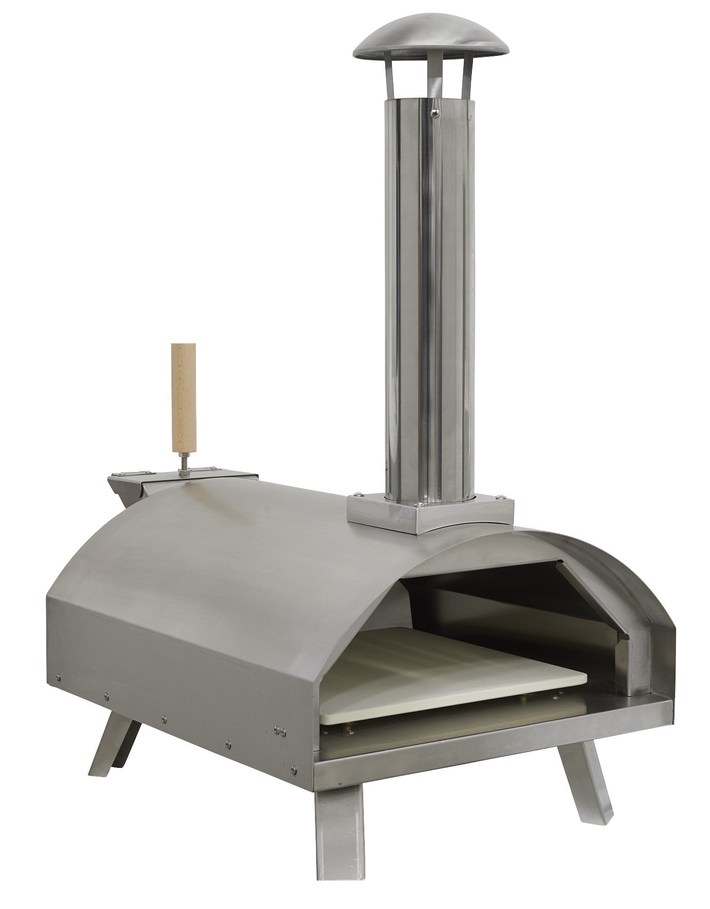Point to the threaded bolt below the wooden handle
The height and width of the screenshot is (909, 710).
[x=183, y=460]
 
